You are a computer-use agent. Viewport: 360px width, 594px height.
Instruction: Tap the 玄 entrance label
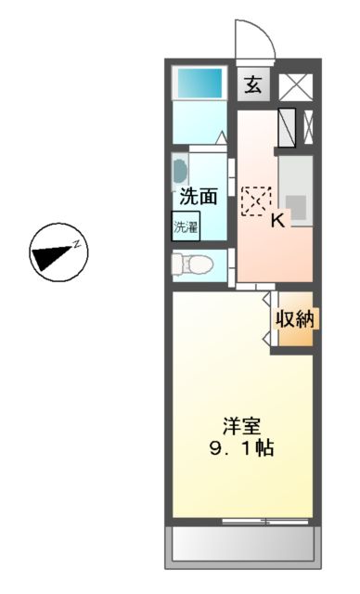click(x=251, y=85)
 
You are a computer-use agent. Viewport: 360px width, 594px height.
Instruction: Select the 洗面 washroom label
click(x=199, y=197)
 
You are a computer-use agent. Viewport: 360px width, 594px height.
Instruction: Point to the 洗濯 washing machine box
click(x=185, y=226)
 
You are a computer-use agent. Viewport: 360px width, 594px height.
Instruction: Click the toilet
click(x=191, y=264)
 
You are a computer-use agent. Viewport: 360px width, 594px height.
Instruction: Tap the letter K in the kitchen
click(x=276, y=220)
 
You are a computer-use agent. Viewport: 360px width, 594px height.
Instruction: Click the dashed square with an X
click(x=255, y=200)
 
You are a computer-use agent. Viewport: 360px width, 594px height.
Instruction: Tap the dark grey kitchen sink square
click(x=296, y=205)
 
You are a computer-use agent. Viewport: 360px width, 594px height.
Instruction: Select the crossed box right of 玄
click(x=297, y=86)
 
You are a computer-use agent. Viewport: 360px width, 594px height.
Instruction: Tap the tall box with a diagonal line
click(x=287, y=128)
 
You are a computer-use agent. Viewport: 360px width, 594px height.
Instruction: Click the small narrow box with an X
click(x=308, y=128)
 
